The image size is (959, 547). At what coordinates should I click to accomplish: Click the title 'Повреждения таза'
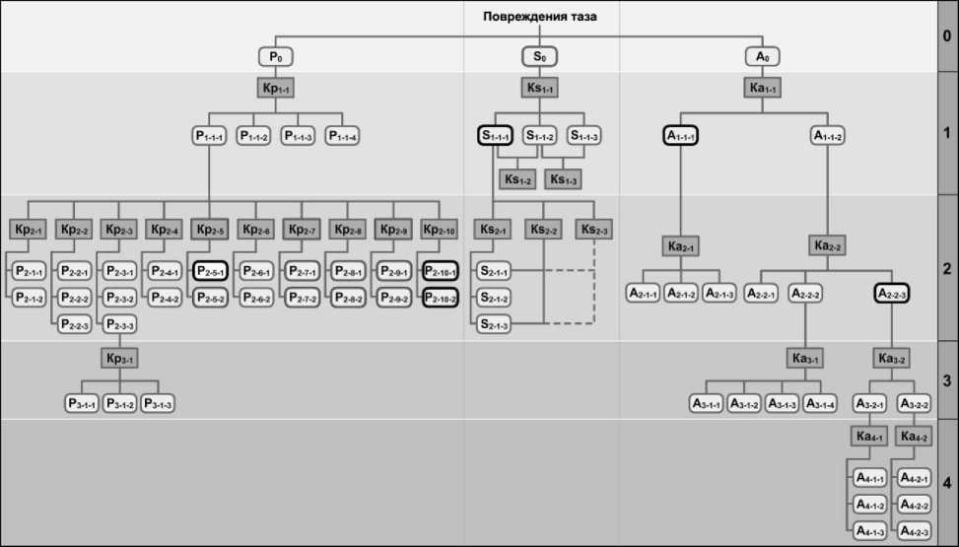pos(539,17)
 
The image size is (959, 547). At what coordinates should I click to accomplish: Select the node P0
pos(277,56)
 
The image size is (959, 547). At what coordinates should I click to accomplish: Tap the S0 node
pos(539,56)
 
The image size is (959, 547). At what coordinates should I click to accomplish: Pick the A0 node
pos(762,56)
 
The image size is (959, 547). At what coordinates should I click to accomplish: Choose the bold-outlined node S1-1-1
pos(495,136)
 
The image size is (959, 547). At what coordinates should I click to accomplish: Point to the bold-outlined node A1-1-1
pos(680,136)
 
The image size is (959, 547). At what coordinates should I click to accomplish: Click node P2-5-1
pos(211,271)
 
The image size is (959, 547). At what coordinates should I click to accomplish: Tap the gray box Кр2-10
pos(440,230)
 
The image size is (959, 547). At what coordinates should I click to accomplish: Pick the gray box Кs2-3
pos(593,230)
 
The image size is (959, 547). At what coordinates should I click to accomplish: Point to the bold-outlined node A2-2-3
pos(891,293)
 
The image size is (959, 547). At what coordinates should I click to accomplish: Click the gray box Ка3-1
pos(804,357)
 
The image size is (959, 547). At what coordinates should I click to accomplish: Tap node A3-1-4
pos(823,403)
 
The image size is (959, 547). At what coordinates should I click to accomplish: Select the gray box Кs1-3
pos(563,180)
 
